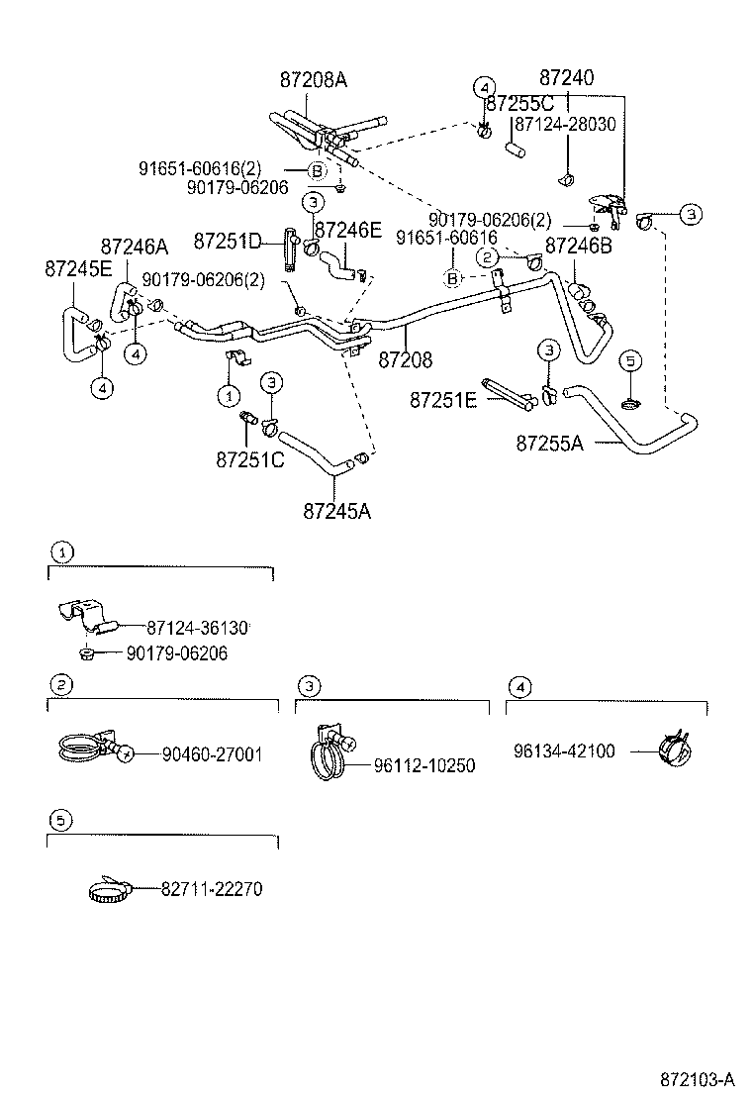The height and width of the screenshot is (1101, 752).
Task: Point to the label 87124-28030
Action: click(565, 124)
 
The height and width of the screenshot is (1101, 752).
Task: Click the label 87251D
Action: click(227, 241)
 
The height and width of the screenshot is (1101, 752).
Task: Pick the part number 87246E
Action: click(347, 231)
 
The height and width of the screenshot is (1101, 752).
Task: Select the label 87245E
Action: click(78, 268)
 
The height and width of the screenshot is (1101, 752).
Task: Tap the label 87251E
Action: click(443, 400)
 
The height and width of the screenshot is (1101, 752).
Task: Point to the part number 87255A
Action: click(549, 443)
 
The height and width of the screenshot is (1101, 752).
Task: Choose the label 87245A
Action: click(337, 511)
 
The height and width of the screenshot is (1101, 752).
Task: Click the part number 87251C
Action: click(250, 460)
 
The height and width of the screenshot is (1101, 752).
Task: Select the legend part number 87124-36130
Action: click(197, 628)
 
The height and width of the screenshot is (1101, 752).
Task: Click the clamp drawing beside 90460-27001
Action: click(88, 750)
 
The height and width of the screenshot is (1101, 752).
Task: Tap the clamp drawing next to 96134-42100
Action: click(671, 751)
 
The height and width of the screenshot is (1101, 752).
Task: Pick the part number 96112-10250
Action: click(424, 765)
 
